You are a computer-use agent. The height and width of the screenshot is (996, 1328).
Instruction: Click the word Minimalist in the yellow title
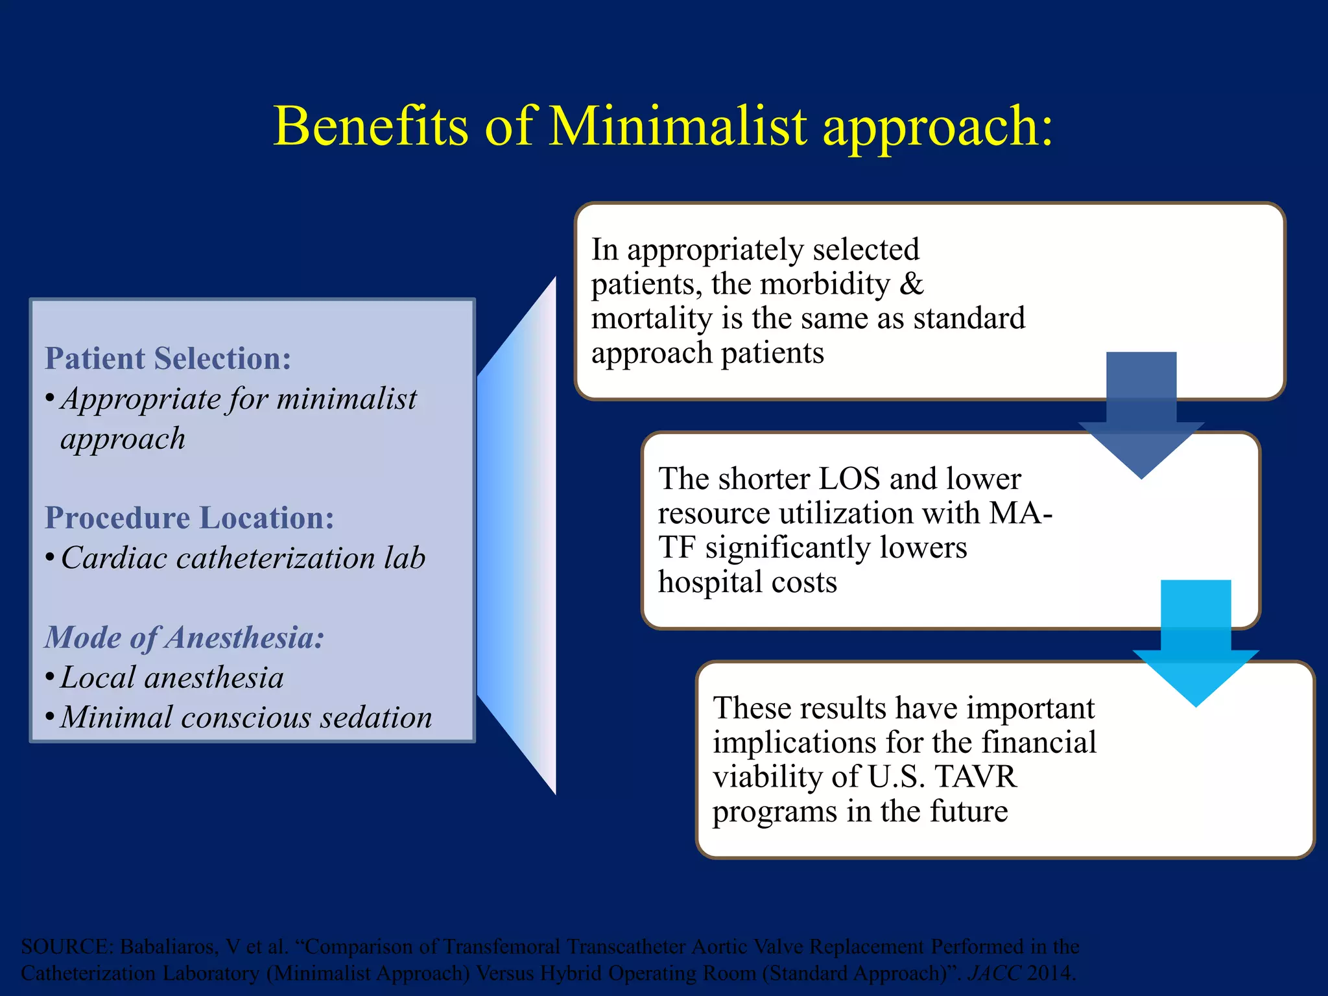678,126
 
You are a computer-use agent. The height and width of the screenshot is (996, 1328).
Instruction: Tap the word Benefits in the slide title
371,126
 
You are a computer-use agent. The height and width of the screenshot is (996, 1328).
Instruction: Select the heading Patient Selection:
168,359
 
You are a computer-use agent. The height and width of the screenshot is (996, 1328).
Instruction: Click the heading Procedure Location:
189,518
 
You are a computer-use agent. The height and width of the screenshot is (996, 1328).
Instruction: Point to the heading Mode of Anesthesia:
184,637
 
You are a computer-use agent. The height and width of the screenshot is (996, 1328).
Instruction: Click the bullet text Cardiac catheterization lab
243,558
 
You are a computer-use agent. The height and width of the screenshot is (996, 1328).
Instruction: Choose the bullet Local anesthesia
172,678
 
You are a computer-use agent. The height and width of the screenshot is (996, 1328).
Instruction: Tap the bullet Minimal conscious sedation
246,718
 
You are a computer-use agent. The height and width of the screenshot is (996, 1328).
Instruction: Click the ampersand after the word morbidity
911,284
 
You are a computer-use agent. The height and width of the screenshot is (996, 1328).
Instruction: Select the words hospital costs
747,582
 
